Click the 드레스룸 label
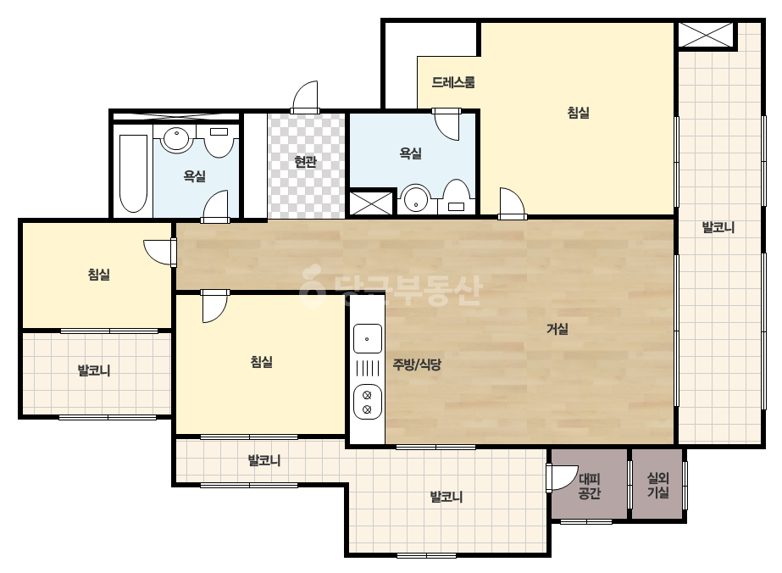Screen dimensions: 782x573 coord(452,82)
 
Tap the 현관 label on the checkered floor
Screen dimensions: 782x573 coord(305,162)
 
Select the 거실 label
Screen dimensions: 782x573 coord(557,328)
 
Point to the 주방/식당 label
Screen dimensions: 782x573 coord(417,364)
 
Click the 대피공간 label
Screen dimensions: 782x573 coord(590,487)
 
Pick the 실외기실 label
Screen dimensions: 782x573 coord(657,485)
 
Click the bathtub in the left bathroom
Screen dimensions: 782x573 coord(134,173)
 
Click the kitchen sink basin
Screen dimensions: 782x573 coord(368,339)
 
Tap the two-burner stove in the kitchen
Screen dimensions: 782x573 coord(368,402)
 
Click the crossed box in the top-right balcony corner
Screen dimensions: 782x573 coord(706,35)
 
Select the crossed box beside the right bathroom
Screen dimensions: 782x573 coord(370,202)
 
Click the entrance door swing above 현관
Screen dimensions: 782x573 coord(305,97)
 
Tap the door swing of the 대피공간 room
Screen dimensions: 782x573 coord(562,478)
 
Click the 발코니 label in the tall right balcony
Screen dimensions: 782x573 coord(718,228)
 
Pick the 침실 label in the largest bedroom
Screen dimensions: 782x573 coord(579,112)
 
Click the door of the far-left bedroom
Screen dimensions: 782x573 coord(159,252)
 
